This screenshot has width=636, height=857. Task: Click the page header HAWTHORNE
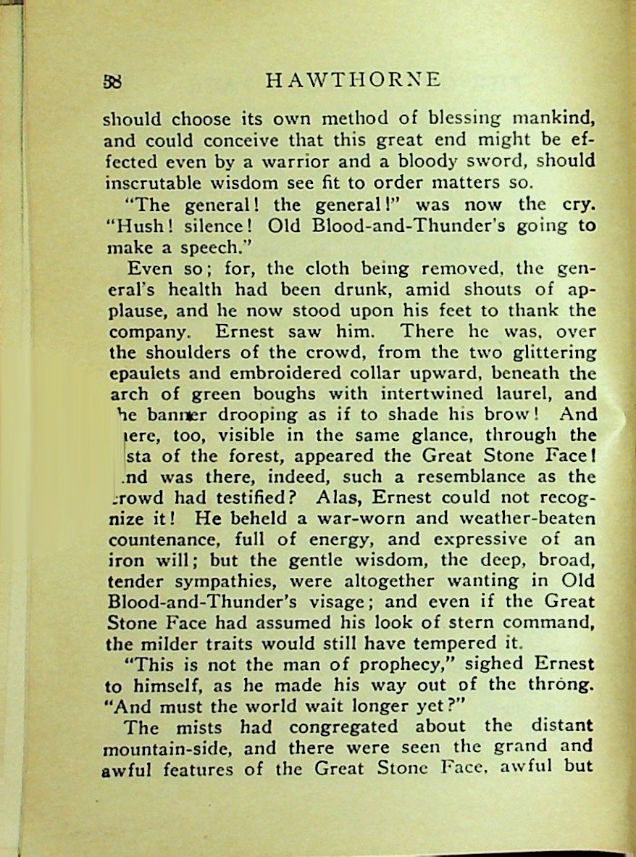coord(353,80)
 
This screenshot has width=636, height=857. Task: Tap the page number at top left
coord(112,81)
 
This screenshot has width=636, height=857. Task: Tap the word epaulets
coord(143,375)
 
